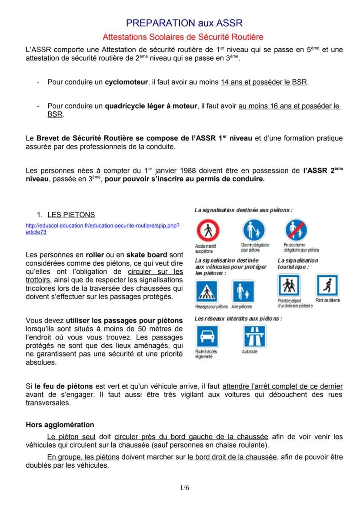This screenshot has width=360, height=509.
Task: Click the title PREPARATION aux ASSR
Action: [184, 23]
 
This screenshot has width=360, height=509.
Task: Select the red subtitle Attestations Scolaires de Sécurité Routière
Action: [183, 37]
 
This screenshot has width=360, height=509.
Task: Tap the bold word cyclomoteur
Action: [126, 82]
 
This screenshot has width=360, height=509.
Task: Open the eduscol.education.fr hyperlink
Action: [103, 229]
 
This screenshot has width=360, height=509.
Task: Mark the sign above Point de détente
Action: [327, 286]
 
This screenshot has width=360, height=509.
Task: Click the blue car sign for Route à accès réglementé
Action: [208, 336]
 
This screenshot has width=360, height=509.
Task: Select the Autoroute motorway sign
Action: [255, 336]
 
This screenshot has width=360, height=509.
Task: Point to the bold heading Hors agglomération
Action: [60, 425]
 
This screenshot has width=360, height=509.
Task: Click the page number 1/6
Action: [184, 488]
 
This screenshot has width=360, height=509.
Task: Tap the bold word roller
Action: [95, 255]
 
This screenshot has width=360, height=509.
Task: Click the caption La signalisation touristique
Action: [298, 263]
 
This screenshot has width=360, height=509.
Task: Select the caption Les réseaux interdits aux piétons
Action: [238, 319]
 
